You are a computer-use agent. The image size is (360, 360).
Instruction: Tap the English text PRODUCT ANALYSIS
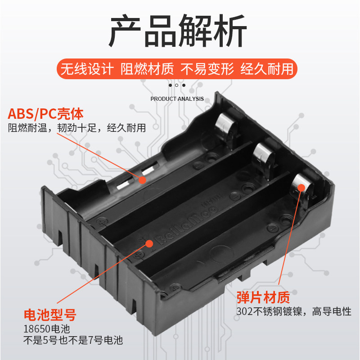tap(177, 99)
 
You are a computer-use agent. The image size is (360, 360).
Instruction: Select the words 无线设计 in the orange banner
tap(87, 69)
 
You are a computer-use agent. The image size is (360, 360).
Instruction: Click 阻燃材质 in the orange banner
tap(147, 69)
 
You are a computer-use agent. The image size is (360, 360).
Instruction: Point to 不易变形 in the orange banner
tap(207, 69)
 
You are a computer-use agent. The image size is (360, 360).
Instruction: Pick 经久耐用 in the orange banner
tap(267, 69)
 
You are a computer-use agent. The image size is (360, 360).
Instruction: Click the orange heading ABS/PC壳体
tap(45, 114)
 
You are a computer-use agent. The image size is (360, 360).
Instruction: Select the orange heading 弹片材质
tap(263, 297)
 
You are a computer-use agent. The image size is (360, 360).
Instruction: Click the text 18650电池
tap(47, 329)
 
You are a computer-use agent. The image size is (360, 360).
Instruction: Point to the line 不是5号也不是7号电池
tap(73, 340)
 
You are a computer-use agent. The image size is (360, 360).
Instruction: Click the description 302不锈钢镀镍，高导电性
tap(294, 311)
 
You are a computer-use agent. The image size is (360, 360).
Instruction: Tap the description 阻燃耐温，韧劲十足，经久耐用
tap(77, 128)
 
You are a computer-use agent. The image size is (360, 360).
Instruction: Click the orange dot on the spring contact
tap(301, 188)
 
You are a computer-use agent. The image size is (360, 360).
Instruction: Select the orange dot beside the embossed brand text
tap(149, 243)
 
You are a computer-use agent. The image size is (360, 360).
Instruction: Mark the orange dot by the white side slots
tap(142, 180)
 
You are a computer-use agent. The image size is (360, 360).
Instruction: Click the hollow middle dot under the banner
tap(176, 85)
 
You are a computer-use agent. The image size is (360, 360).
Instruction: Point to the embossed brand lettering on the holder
tap(186, 225)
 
